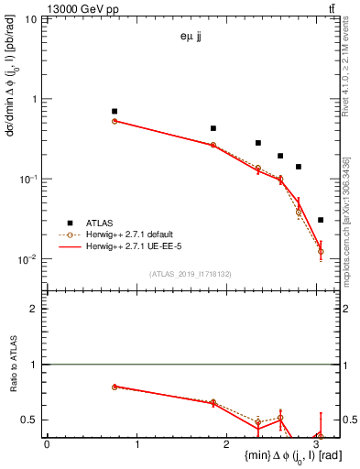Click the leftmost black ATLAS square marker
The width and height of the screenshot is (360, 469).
click(115, 111)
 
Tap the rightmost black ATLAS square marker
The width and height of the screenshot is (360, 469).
click(320, 220)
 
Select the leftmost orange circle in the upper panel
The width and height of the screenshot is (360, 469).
click(115, 121)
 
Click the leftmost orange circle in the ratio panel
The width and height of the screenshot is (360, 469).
click(115, 387)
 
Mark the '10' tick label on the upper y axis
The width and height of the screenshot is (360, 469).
click(30, 19)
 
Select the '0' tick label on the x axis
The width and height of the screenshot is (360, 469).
click(47, 445)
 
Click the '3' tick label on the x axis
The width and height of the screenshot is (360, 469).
click(315, 445)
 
